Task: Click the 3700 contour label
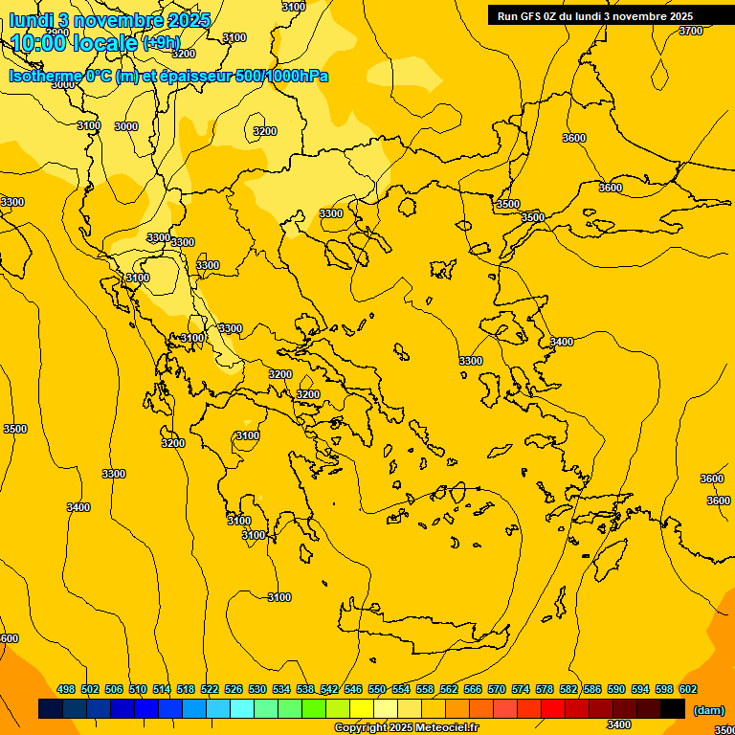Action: pos(690,31)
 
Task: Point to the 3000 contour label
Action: pos(125,126)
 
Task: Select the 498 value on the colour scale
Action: pos(66,689)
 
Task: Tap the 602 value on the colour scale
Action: pos(688,689)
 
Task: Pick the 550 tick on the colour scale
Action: pos(377,689)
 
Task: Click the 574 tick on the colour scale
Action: pos(521,689)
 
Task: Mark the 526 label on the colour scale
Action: pos(234,689)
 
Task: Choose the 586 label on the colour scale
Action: pos(592,689)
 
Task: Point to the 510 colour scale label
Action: pos(138,689)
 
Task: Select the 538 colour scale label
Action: pos(305,689)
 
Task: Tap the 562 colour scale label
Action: pos(449,689)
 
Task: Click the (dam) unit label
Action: pos(709,709)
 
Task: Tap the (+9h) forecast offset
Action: pos(161,42)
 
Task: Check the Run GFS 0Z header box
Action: pos(595,15)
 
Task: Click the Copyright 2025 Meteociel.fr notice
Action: pos(406,728)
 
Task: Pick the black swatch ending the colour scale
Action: pos(673,708)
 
